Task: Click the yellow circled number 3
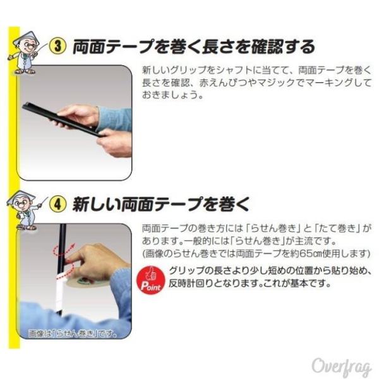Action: click(57, 46)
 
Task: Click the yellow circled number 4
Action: click(57, 204)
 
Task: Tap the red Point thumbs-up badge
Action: click(150, 280)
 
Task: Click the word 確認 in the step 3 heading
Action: click(267, 46)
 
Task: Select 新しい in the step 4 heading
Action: click(96, 204)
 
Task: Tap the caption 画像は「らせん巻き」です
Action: click(72, 334)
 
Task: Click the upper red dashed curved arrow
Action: click(63, 250)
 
